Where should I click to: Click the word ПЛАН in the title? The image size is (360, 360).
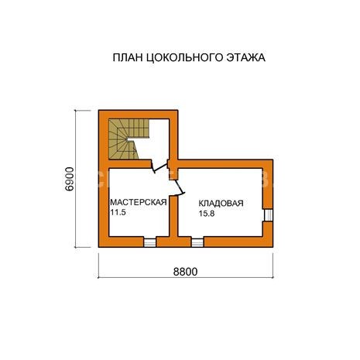click(128, 57)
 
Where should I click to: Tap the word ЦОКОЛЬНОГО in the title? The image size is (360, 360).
click(184, 57)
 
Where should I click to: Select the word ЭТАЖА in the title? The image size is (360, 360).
click(246, 57)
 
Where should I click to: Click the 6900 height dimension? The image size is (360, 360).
click(69, 179)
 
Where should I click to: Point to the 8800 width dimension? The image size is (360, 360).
click(185, 272)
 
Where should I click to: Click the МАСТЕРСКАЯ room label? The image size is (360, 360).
click(139, 202)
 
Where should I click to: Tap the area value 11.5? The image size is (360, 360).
click(118, 212)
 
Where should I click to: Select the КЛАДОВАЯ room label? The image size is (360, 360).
click(221, 203)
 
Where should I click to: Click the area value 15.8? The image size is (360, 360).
click(207, 214)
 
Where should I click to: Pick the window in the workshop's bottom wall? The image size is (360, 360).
click(150, 242)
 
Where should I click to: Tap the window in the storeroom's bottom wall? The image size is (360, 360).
click(197, 242)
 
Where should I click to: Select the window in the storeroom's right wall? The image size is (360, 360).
click(269, 215)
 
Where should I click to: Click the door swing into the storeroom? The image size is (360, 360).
click(180, 187)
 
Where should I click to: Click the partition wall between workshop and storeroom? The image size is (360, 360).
click(173, 216)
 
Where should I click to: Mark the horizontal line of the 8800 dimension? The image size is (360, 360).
click(186, 278)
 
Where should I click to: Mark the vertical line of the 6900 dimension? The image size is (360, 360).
click(76, 179)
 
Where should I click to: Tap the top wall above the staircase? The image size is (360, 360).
click(138, 115)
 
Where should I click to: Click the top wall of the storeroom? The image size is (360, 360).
click(225, 164)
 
